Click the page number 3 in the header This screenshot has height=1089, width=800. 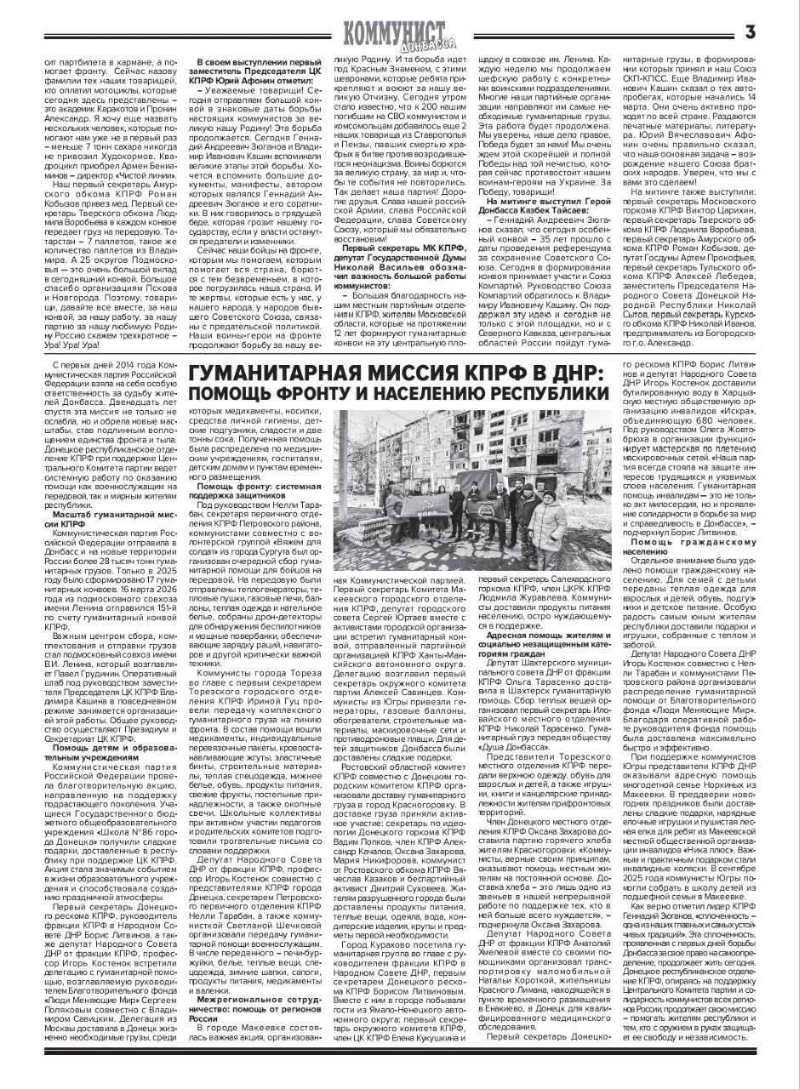pos(750,33)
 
